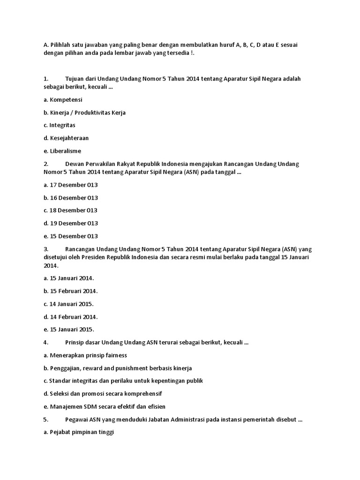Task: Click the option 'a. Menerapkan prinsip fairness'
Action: click(85, 355)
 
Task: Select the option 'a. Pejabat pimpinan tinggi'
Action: click(78, 432)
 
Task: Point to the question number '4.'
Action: click(45, 343)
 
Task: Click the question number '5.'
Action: click(45, 420)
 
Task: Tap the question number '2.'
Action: click(45, 164)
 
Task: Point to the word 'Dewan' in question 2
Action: click(74, 164)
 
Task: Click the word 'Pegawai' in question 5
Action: click(76, 420)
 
